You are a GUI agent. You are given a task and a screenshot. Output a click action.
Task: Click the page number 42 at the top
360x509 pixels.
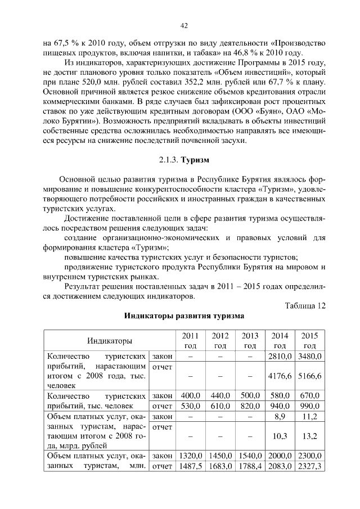coord(184,25)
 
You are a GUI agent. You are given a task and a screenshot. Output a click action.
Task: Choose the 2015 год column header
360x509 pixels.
coord(309,340)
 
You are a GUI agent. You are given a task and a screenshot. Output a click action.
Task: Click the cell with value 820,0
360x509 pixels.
coord(250,406)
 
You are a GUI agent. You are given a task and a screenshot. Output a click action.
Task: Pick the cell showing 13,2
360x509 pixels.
coord(309,436)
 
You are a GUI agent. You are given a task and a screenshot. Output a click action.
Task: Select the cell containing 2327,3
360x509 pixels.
coord(309,466)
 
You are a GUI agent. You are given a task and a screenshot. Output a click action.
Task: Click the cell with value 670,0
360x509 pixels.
coord(309,396)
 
